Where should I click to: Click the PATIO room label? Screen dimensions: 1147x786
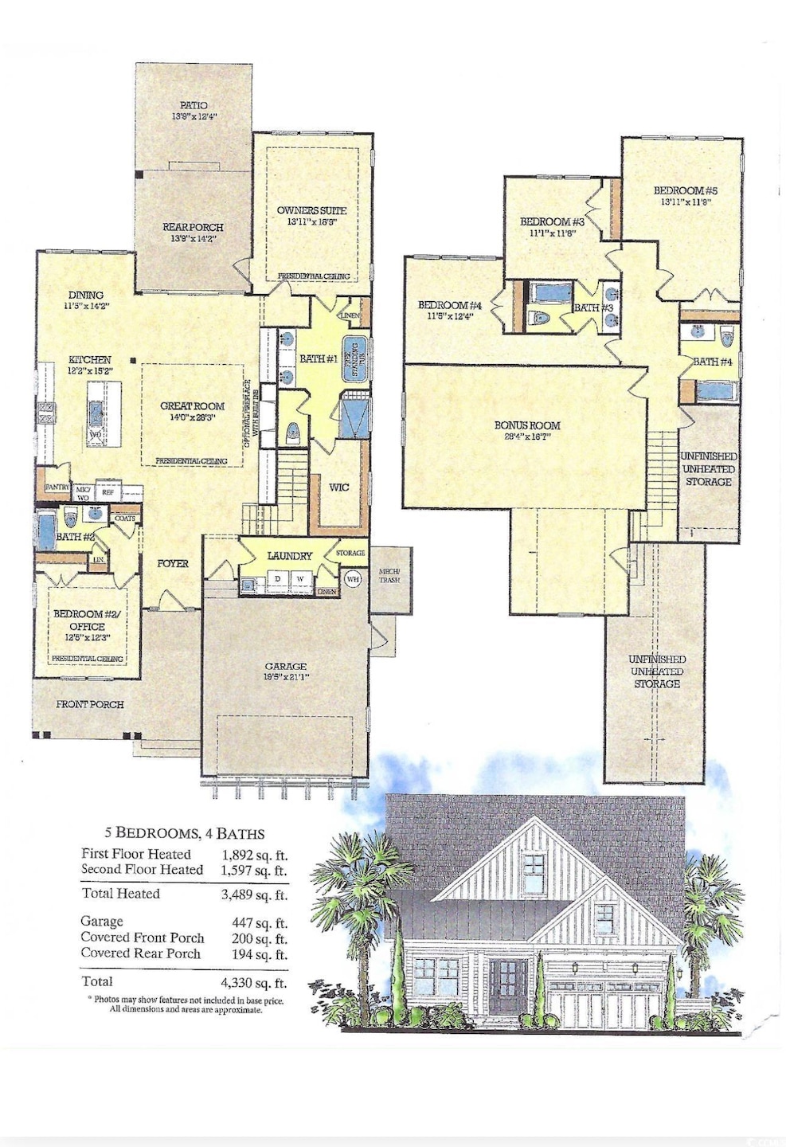[x=194, y=105]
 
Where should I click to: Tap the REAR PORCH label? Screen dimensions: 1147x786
[x=193, y=227]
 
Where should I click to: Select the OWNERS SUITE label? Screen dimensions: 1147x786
[x=311, y=210]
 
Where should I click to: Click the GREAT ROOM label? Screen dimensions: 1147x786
[x=192, y=405]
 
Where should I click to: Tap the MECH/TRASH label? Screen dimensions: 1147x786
[x=389, y=575]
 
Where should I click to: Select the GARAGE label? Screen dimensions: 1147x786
[x=285, y=666]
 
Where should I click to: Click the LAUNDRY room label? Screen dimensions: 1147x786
[x=289, y=555]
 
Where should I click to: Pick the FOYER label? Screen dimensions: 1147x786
[x=173, y=563]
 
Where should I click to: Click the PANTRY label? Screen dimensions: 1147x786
[x=57, y=487]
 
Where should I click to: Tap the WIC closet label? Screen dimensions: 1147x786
[x=338, y=487]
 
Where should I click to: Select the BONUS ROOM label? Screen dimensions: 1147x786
[x=526, y=425]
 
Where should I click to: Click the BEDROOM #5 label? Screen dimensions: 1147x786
[x=685, y=190]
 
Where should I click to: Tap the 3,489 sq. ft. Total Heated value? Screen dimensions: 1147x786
[x=253, y=895]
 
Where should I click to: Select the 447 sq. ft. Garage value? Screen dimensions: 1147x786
[x=259, y=923]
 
